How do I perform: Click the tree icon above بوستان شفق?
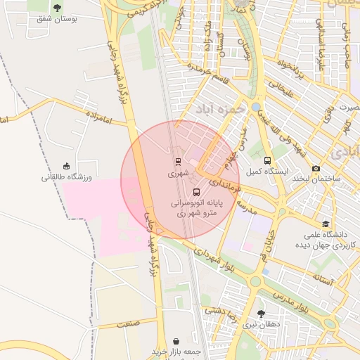coord(58,8)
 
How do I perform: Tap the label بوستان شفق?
coord(57,19)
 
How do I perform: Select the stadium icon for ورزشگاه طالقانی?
coord(67,166)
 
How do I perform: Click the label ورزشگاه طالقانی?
coord(66,177)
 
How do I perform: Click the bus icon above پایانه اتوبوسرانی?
coord(196,191)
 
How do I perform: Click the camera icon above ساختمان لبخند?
coord(316,168)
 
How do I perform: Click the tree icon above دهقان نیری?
coord(262,314)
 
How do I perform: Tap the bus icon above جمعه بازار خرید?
coord(174,340)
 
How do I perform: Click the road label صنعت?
coord(129,323)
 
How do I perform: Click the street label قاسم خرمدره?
coord(210,72)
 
